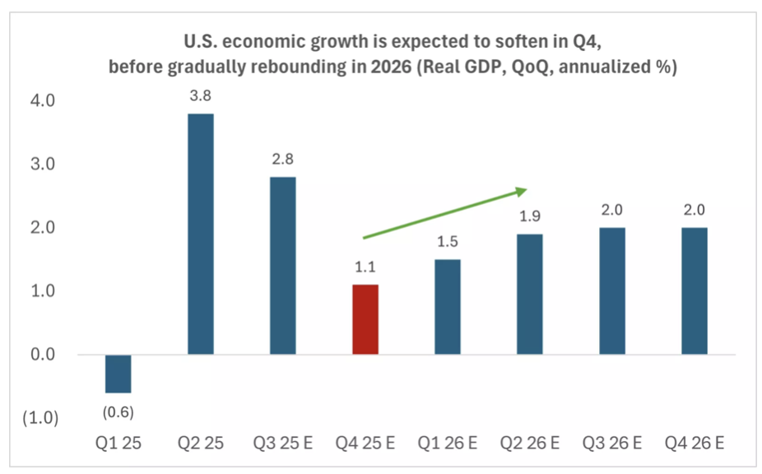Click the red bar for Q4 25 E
(x=365, y=319)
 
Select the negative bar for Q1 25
(x=118, y=374)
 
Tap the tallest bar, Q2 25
(x=200, y=234)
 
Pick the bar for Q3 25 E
(x=282, y=265)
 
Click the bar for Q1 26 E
(x=447, y=306)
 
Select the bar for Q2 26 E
(x=529, y=294)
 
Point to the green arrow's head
(x=521, y=191)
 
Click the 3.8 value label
(x=200, y=97)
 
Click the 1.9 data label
(x=529, y=217)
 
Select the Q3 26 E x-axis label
(x=611, y=444)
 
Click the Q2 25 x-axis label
(x=200, y=444)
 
